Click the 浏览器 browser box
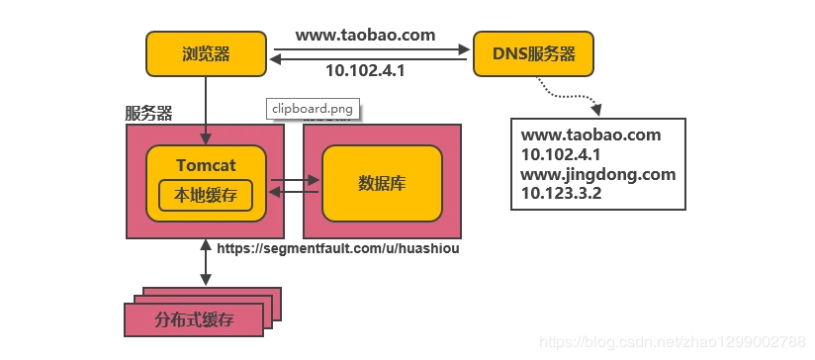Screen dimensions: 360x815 coord(206,53)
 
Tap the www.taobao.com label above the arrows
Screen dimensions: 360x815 coord(365,35)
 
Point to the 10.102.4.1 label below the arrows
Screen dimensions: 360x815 coord(365,71)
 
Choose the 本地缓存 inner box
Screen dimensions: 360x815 coord(206,195)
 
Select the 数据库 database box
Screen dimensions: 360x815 coord(382,184)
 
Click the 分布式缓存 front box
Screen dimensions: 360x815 coord(194,319)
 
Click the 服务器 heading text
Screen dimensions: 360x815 coord(148,112)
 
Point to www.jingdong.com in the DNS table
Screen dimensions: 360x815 coord(597,174)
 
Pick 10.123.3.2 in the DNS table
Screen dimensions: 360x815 coord(561,193)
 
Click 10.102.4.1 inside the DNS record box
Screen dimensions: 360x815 coord(561,155)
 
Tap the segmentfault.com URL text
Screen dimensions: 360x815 coord(337,248)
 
